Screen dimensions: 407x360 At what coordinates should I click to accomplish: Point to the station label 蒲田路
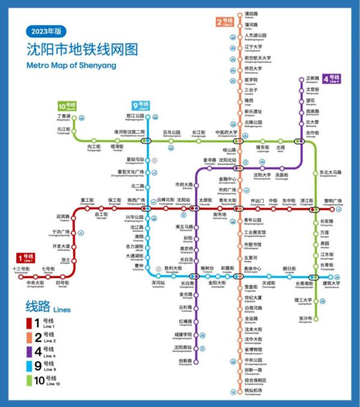251,14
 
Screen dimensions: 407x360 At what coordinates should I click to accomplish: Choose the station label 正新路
312,79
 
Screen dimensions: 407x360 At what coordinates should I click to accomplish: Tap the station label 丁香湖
64,116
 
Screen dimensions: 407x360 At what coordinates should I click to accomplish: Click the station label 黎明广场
333,201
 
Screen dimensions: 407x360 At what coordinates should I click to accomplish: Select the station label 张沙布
305,318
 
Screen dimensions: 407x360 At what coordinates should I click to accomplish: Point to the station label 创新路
185,361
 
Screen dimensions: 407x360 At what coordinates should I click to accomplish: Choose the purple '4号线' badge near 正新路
331,79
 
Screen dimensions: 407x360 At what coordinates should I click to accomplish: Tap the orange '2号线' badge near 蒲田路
224,23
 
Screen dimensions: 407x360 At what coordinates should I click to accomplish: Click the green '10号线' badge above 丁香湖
67,105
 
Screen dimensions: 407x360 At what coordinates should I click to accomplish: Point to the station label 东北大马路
331,173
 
